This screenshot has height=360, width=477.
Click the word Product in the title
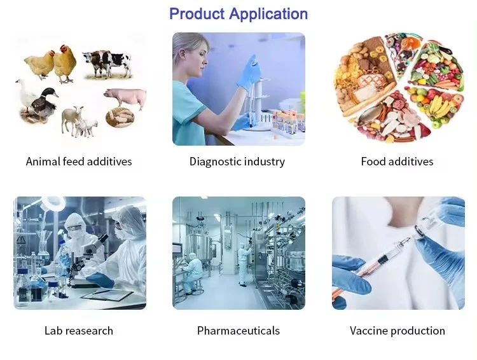(197, 14)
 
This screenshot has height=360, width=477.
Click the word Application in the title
(268, 15)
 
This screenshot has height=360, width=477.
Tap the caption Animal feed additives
(79, 162)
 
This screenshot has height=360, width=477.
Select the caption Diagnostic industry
(237, 162)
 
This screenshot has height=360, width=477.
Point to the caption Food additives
(397, 162)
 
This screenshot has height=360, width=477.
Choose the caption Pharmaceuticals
(238, 331)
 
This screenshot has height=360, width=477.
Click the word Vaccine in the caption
(368, 331)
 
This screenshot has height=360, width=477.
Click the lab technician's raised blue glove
(249, 73)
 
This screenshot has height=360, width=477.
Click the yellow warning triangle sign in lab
(21, 239)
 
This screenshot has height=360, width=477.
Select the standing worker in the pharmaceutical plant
(244, 264)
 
